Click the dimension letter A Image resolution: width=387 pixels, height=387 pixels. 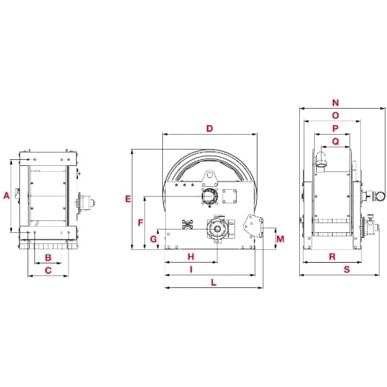click(7, 196)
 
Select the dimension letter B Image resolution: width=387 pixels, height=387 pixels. click(48, 258)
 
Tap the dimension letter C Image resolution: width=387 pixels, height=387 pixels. click(48, 271)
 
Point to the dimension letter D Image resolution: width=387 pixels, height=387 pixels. click(210, 129)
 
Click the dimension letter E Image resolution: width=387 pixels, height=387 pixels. click(128, 199)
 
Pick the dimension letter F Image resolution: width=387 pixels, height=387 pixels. click(141, 223)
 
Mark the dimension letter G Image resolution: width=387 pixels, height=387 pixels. click(153, 239)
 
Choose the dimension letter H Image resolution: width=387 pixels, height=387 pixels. click(191, 257)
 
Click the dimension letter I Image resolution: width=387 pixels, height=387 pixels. click(191, 269)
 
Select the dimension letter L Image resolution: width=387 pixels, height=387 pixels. click(214, 282)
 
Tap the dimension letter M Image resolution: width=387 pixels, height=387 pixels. click(280, 239)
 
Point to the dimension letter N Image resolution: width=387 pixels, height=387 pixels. click(336, 103)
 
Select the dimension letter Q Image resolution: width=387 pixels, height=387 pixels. click(336, 140)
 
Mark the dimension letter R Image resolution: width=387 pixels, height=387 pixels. click(331, 257)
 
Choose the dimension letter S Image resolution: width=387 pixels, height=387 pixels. click(347, 269)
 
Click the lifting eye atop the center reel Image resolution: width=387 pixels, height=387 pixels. click(210, 177)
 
